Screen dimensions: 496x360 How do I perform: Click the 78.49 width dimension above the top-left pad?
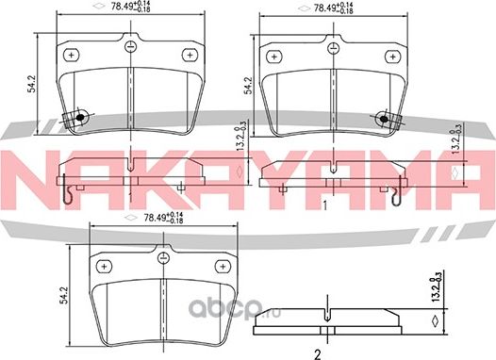pyautogui.click(x=130, y=7)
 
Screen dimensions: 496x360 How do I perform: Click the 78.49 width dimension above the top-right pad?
pyautogui.click(x=333, y=8)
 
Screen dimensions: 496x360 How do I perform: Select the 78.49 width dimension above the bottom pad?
pyautogui.click(x=163, y=218)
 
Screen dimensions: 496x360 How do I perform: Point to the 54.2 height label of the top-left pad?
pyautogui.click(x=31, y=84)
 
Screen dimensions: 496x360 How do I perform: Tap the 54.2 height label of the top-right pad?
pyautogui.click(x=249, y=86)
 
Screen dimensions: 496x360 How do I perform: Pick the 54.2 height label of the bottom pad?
pyautogui.click(x=64, y=295)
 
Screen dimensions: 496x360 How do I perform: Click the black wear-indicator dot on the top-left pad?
pyautogui.click(x=80, y=117)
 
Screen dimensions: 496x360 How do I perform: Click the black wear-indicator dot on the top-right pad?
pyautogui.click(x=384, y=119)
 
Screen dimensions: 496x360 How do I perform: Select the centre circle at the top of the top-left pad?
pyautogui.click(x=130, y=47)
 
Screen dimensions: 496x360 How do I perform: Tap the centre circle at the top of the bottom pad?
pyautogui.click(x=163, y=258)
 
